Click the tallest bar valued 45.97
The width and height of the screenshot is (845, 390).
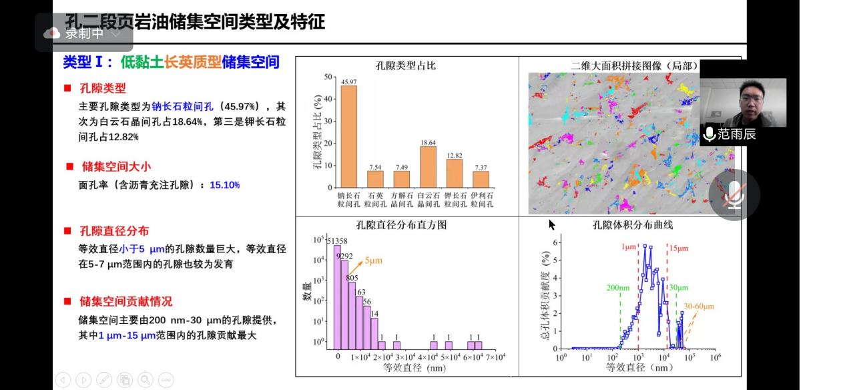(x=348, y=136)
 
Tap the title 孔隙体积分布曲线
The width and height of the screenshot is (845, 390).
(x=633, y=224)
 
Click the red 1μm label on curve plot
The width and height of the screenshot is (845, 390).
(x=629, y=246)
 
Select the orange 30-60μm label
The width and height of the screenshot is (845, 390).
(x=698, y=307)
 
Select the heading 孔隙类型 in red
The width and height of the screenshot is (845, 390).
(x=103, y=87)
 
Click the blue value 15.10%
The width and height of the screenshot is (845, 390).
(x=224, y=185)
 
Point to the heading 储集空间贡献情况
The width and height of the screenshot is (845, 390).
(x=125, y=301)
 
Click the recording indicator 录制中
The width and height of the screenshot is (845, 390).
(x=84, y=33)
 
